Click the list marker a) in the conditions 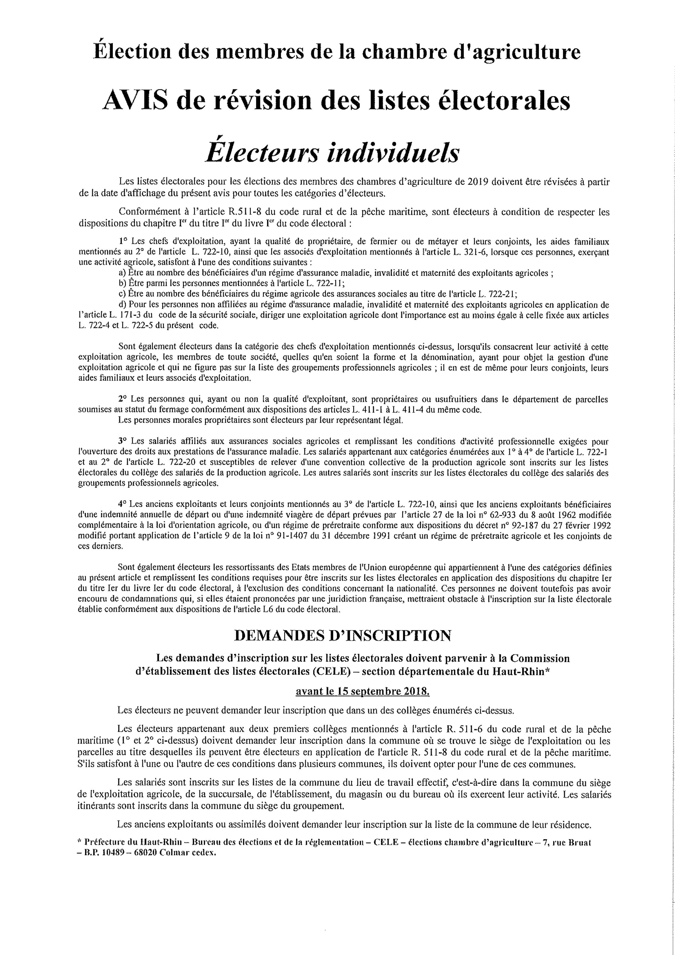coord(122,273)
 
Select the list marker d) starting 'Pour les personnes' coord(122,305)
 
